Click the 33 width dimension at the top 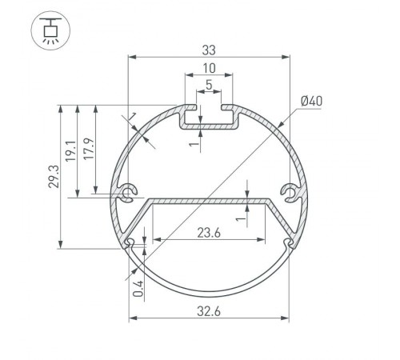[210, 50]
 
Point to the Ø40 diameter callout [311, 101]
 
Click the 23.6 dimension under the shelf [210, 233]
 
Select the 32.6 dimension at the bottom [210, 309]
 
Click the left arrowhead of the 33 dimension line [132, 58]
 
